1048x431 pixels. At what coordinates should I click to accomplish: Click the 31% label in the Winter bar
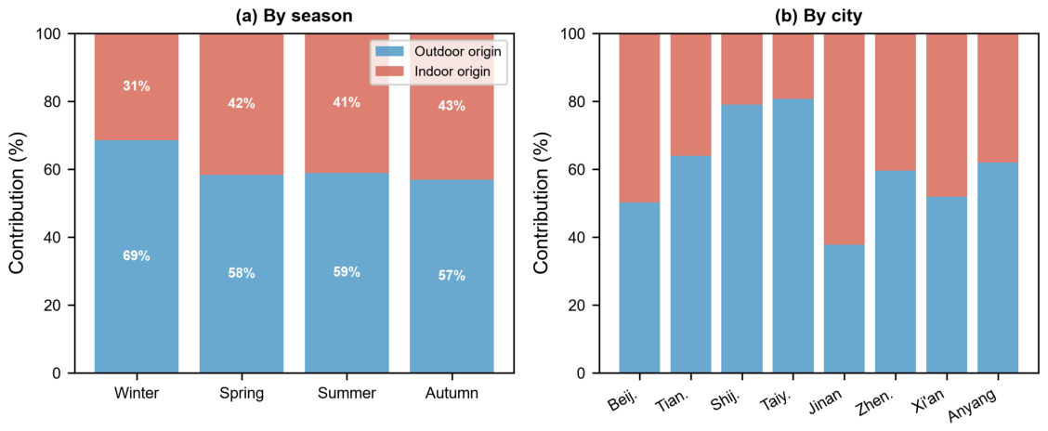coord(136,86)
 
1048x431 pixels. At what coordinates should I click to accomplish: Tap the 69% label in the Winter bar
coord(136,256)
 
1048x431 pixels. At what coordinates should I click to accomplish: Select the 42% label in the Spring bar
coord(242,104)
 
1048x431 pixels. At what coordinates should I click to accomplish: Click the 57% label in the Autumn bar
coord(452,275)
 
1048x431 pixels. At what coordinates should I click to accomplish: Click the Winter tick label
coord(137,394)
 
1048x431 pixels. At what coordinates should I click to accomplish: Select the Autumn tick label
coord(452,394)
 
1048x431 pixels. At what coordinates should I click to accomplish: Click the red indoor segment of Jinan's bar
coord(845,138)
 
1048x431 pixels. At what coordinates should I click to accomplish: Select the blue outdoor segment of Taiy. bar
coord(793,236)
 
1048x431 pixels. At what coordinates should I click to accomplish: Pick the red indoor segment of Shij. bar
coord(741,69)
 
